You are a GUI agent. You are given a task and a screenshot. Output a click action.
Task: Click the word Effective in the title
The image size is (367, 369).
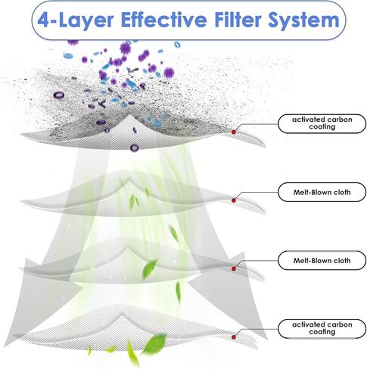[164, 20]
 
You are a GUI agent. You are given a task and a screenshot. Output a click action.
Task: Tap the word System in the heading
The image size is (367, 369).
[303, 20]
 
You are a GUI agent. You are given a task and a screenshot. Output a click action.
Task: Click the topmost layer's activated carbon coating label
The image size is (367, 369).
[322, 123]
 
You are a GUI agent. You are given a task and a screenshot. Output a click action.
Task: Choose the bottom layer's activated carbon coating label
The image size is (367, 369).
[322, 328]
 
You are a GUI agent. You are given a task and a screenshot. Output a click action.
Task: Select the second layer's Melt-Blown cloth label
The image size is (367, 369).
[322, 192]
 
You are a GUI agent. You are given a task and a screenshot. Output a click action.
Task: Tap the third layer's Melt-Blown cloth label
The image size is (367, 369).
[322, 260]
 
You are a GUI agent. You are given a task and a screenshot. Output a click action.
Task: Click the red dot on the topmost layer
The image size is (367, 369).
[234, 132]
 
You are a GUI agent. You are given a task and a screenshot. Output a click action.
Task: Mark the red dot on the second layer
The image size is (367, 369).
[234, 200]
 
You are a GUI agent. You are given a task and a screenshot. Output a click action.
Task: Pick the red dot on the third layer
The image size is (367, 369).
[234, 268]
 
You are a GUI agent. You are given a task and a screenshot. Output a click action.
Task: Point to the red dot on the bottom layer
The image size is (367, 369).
[234, 337]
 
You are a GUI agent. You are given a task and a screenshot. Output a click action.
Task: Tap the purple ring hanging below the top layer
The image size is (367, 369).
[134, 148]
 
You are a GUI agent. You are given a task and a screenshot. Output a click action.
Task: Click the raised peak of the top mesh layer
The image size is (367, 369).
[129, 115]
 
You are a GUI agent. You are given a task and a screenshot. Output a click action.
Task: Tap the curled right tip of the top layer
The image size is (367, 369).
[263, 145]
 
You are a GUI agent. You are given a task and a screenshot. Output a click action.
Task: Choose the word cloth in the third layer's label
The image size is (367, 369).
[342, 260]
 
